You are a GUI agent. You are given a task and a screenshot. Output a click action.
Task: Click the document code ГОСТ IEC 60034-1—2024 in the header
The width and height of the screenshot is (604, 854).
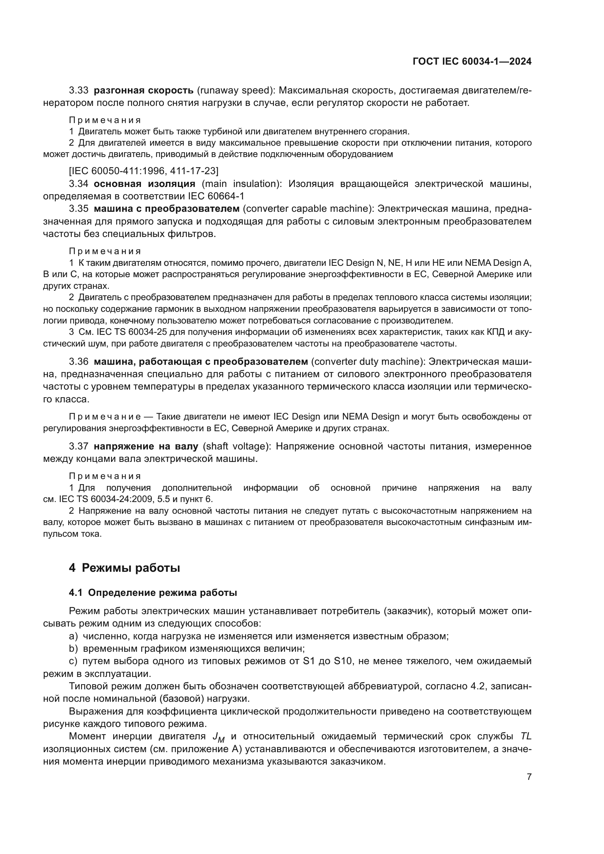(x=471, y=62)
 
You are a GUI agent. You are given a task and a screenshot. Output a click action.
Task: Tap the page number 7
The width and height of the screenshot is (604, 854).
(x=529, y=777)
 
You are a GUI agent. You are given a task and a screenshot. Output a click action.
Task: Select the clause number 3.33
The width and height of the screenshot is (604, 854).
(x=79, y=91)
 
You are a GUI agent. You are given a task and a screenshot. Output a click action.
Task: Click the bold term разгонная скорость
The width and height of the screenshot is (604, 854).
(x=144, y=91)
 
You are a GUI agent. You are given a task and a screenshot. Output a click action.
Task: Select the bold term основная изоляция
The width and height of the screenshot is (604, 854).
(x=144, y=184)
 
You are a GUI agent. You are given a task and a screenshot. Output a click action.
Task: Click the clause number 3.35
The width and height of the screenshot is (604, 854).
(x=79, y=209)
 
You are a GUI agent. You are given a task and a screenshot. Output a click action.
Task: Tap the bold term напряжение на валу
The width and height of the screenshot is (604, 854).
(x=146, y=446)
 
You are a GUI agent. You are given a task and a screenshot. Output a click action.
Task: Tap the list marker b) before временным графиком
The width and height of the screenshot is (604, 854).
(x=73, y=649)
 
